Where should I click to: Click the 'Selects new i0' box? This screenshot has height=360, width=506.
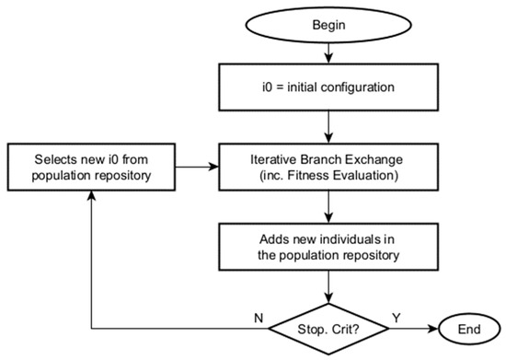pyautogui.click(x=91, y=167)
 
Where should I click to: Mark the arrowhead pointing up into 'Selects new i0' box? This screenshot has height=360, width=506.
pyautogui.click(x=91, y=201)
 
